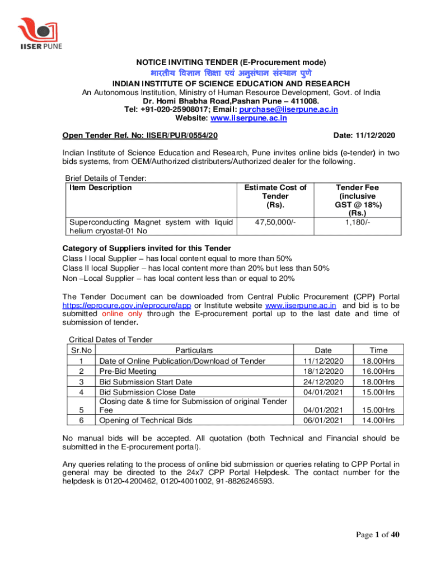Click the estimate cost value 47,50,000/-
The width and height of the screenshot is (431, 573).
click(x=275, y=223)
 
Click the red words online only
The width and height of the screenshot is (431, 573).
click(x=121, y=314)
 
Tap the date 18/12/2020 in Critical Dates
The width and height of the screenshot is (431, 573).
click(x=320, y=371)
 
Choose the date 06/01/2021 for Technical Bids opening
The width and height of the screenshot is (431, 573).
click(x=320, y=420)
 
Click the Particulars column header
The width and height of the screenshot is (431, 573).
click(x=194, y=350)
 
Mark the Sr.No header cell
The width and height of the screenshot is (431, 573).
click(x=81, y=350)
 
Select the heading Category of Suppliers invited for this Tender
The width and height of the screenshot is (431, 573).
click(x=146, y=248)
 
